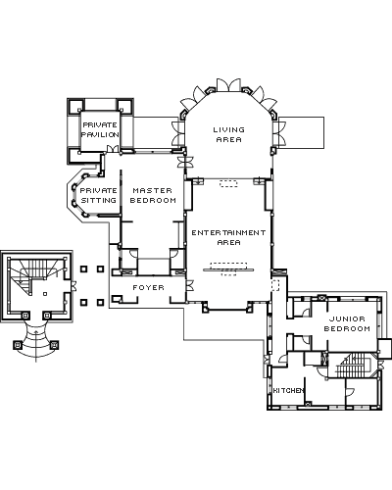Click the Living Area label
[x=229, y=134]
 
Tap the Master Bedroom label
[x=153, y=195]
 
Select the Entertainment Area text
[x=228, y=237]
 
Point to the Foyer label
[x=149, y=287]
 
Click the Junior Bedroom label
[x=347, y=323]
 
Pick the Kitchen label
[x=289, y=390]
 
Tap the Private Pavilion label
[x=100, y=129]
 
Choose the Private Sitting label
[x=98, y=195]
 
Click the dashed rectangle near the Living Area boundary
[x=228, y=183]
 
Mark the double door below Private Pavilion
[x=113, y=149]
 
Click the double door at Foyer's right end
[x=190, y=285]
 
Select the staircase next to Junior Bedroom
[x=354, y=366]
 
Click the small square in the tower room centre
[x=45, y=294]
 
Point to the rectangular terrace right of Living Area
[x=301, y=132]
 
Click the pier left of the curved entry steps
[x=18, y=345]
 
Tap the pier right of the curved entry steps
[x=55, y=345]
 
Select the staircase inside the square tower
[x=32, y=273]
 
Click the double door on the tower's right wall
[x=73, y=285]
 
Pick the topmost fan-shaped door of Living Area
[x=228, y=84]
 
